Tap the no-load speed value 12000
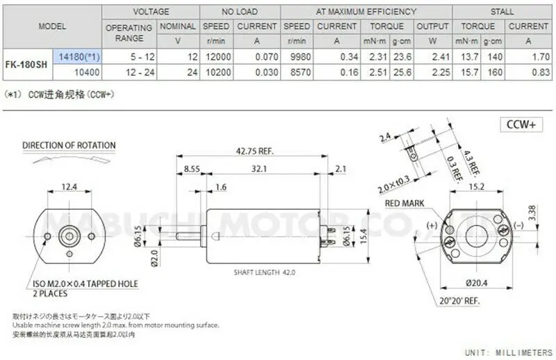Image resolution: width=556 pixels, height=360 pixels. point(216,56)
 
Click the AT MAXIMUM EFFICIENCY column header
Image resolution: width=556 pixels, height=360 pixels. point(366,12)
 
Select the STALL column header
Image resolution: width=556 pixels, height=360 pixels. point(502,12)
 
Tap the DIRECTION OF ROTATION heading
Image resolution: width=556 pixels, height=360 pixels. point(69,146)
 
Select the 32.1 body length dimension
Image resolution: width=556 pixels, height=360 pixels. point(259,168)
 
